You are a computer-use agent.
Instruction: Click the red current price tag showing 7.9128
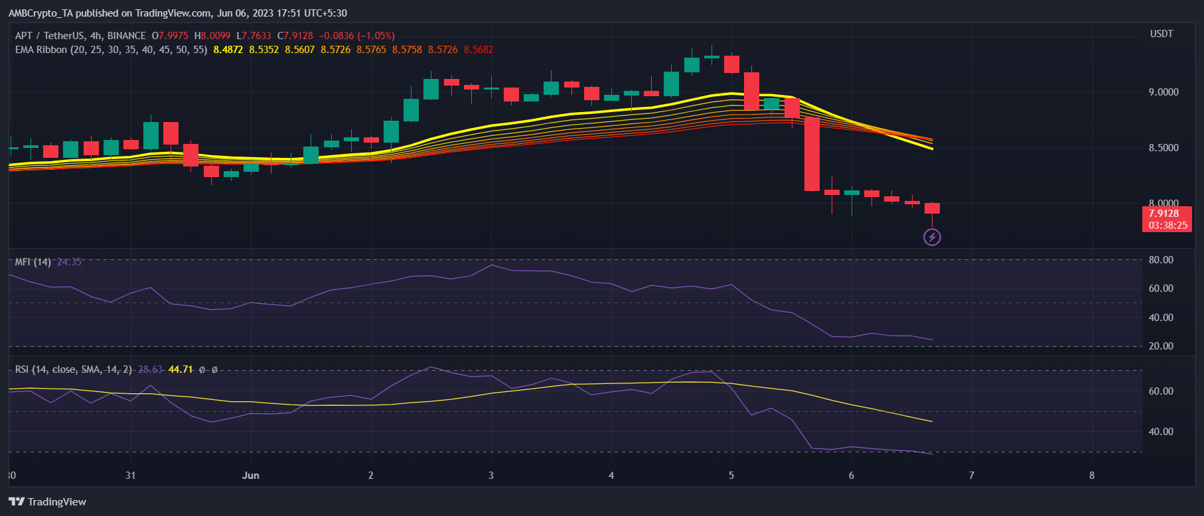1167,219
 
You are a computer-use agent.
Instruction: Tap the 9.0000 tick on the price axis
1164,92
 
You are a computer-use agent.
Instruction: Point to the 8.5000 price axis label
1164,148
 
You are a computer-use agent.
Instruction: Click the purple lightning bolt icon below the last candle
932,237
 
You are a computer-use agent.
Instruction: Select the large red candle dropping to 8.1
812,154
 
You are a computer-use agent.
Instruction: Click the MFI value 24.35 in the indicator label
69,262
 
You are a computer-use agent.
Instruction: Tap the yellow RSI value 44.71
181,369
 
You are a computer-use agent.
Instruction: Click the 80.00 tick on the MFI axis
1161,260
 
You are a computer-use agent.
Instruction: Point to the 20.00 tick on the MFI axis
1161,346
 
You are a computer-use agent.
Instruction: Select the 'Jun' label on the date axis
251,476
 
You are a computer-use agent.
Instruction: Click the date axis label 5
731,476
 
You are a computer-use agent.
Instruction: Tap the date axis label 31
130,476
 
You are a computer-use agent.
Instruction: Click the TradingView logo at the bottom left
48,501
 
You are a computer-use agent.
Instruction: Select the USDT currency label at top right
1162,34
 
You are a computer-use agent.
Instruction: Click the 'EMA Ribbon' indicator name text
41,50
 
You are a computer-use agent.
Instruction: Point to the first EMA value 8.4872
228,50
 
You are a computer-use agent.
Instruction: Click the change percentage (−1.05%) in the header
376,36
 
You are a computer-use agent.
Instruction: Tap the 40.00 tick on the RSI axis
1161,432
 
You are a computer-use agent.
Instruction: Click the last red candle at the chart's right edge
932,208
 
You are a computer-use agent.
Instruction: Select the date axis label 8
1092,476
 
